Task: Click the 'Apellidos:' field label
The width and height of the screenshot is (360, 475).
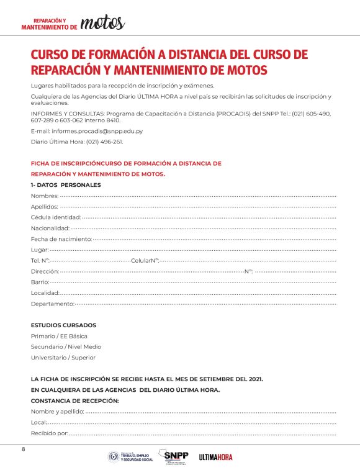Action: (45, 206)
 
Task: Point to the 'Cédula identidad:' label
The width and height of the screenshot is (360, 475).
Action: (56, 217)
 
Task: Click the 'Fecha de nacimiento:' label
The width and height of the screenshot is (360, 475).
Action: (61, 238)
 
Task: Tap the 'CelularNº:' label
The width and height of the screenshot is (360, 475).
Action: (145, 260)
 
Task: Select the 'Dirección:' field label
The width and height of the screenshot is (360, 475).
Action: (45, 271)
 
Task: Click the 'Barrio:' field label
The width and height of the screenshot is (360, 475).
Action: (40, 282)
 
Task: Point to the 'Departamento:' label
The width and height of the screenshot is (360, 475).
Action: (52, 304)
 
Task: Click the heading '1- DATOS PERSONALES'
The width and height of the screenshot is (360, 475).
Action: (66, 185)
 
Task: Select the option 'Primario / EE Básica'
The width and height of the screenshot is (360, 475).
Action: (59, 336)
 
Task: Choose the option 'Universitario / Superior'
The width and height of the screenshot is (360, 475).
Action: (63, 358)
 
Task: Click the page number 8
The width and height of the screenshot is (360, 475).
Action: (24, 449)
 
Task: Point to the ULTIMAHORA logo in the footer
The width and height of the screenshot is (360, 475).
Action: (216, 457)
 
